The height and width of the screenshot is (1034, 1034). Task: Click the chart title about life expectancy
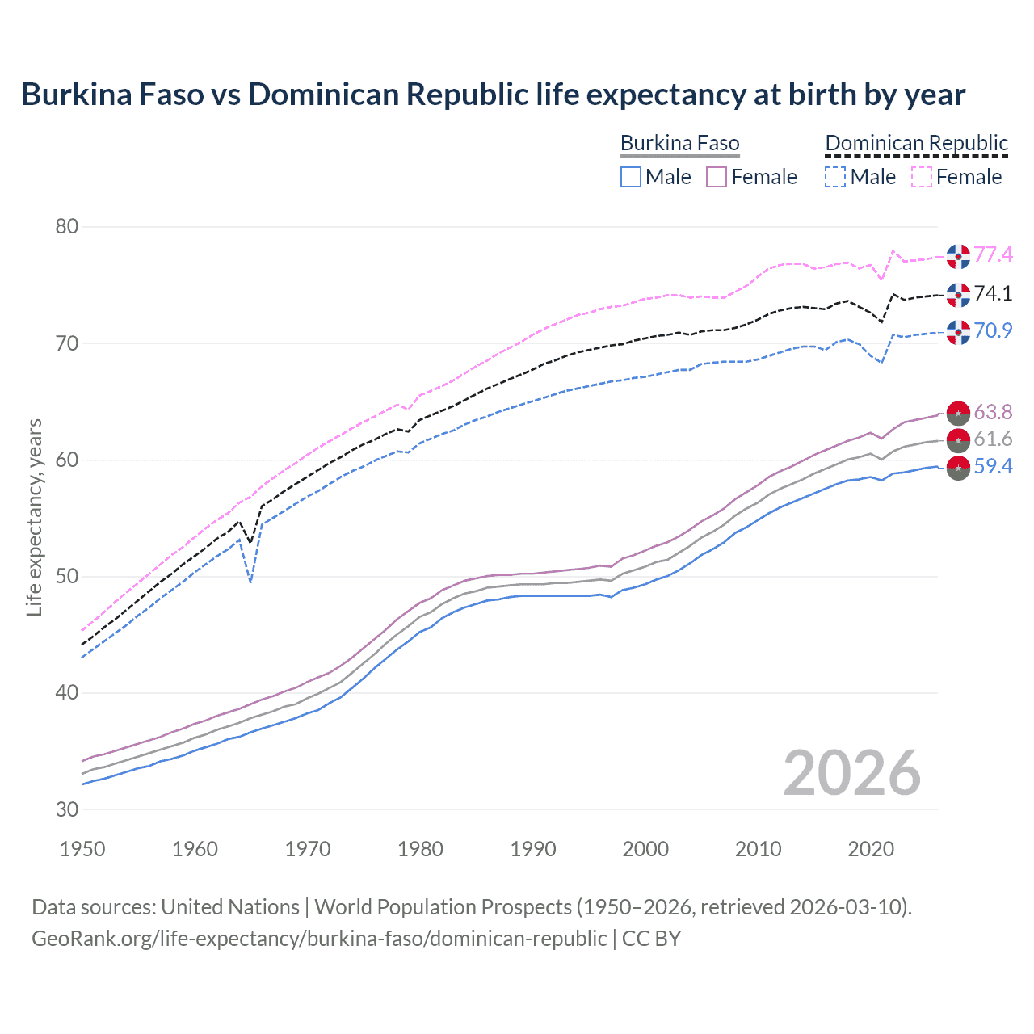pos(493,95)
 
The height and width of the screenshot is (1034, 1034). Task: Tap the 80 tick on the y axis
pos(66,227)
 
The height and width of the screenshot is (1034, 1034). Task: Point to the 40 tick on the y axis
pos(66,693)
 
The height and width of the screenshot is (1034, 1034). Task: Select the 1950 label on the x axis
pos(82,849)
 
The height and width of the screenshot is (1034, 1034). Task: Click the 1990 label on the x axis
pos(533,849)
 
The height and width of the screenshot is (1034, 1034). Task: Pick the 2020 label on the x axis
pos(871,849)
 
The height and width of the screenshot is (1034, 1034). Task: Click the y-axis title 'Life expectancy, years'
pos(35,517)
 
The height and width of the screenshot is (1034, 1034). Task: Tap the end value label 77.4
pos(993,255)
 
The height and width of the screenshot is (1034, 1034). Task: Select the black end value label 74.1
pos(993,293)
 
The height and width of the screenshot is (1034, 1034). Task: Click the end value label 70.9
pos(993,331)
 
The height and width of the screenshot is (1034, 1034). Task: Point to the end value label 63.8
pos(993,412)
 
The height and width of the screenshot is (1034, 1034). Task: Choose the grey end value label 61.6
pos(993,439)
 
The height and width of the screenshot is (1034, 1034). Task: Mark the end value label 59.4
pos(993,467)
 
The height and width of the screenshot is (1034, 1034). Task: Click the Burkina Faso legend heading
pos(679,144)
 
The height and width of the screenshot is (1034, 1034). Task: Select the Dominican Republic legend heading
pos(916,144)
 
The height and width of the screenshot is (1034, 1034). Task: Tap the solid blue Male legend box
pos(631,177)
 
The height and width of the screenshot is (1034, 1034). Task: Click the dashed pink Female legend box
pos(922,177)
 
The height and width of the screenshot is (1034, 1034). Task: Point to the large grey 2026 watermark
pos(851,773)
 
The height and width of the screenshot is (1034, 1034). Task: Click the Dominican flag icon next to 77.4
pos(958,255)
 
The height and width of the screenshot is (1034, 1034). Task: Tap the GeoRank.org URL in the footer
pos(319,939)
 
